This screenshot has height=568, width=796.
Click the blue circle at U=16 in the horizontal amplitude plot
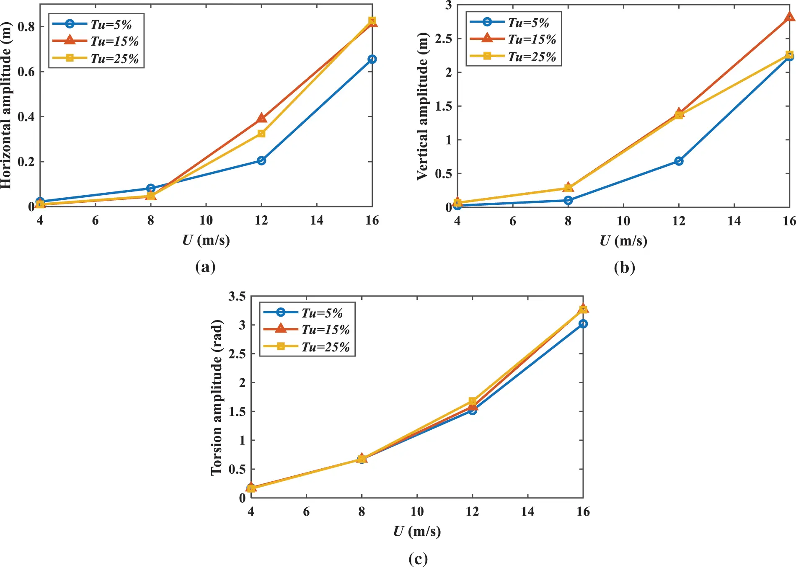click(372, 59)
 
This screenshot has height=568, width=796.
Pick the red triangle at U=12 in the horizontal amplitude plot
click(261, 118)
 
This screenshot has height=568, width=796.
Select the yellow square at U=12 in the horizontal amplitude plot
click(261, 134)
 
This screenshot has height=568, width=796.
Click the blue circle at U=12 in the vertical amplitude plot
click(679, 161)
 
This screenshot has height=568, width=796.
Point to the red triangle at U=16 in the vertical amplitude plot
click(789, 17)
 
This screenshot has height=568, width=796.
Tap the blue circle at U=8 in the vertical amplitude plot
click(568, 200)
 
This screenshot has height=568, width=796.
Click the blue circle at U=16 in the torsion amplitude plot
click(583, 324)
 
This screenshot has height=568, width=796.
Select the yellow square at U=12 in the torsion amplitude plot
click(473, 401)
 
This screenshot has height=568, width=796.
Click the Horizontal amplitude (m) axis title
click(6, 106)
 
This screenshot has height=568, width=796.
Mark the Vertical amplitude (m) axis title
click(423, 106)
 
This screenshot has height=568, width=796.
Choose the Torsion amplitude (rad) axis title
click(217, 397)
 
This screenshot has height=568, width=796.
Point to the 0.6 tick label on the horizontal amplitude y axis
click(26, 72)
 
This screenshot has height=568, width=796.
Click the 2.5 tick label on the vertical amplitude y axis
click(443, 39)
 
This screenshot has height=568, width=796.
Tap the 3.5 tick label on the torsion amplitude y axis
click(237, 297)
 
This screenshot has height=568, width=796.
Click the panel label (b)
click(624, 267)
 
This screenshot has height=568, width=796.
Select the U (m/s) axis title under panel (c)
click(417, 531)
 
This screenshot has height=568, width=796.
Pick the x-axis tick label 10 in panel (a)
click(206, 220)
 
